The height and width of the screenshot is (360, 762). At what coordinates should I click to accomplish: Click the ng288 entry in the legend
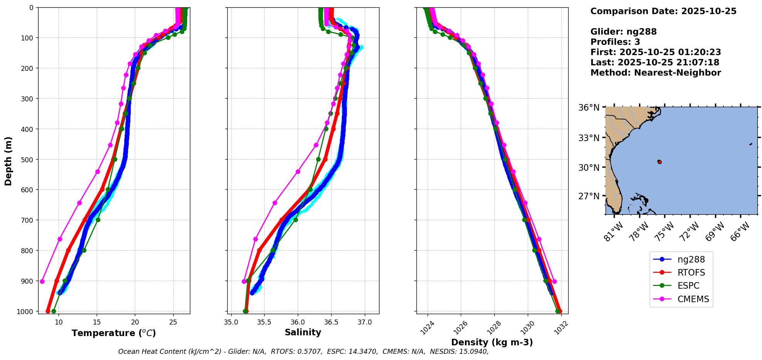pos(691,259)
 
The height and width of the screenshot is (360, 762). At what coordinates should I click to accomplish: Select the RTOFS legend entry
pos(691,273)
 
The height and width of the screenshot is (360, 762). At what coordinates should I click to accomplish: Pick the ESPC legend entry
pos(688,286)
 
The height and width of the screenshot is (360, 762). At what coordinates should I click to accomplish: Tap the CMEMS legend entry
pos(693,299)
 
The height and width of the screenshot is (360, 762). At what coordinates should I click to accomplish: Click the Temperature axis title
pos(114,333)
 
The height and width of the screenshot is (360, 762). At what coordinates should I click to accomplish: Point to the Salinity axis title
pos(303,332)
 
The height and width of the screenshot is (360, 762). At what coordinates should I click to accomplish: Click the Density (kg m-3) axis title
pos(492,342)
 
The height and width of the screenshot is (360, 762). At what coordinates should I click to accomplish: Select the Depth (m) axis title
pos(8,161)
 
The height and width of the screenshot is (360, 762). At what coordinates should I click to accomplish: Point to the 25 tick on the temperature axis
pos(173,322)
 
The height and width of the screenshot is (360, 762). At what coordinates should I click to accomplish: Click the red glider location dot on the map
pos(660,162)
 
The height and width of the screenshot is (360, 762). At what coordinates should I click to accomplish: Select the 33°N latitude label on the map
pos(589,138)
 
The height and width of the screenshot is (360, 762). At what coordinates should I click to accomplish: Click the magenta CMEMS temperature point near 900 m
pos(42,281)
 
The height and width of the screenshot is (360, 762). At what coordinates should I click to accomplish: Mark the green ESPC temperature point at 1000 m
pos(54,311)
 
